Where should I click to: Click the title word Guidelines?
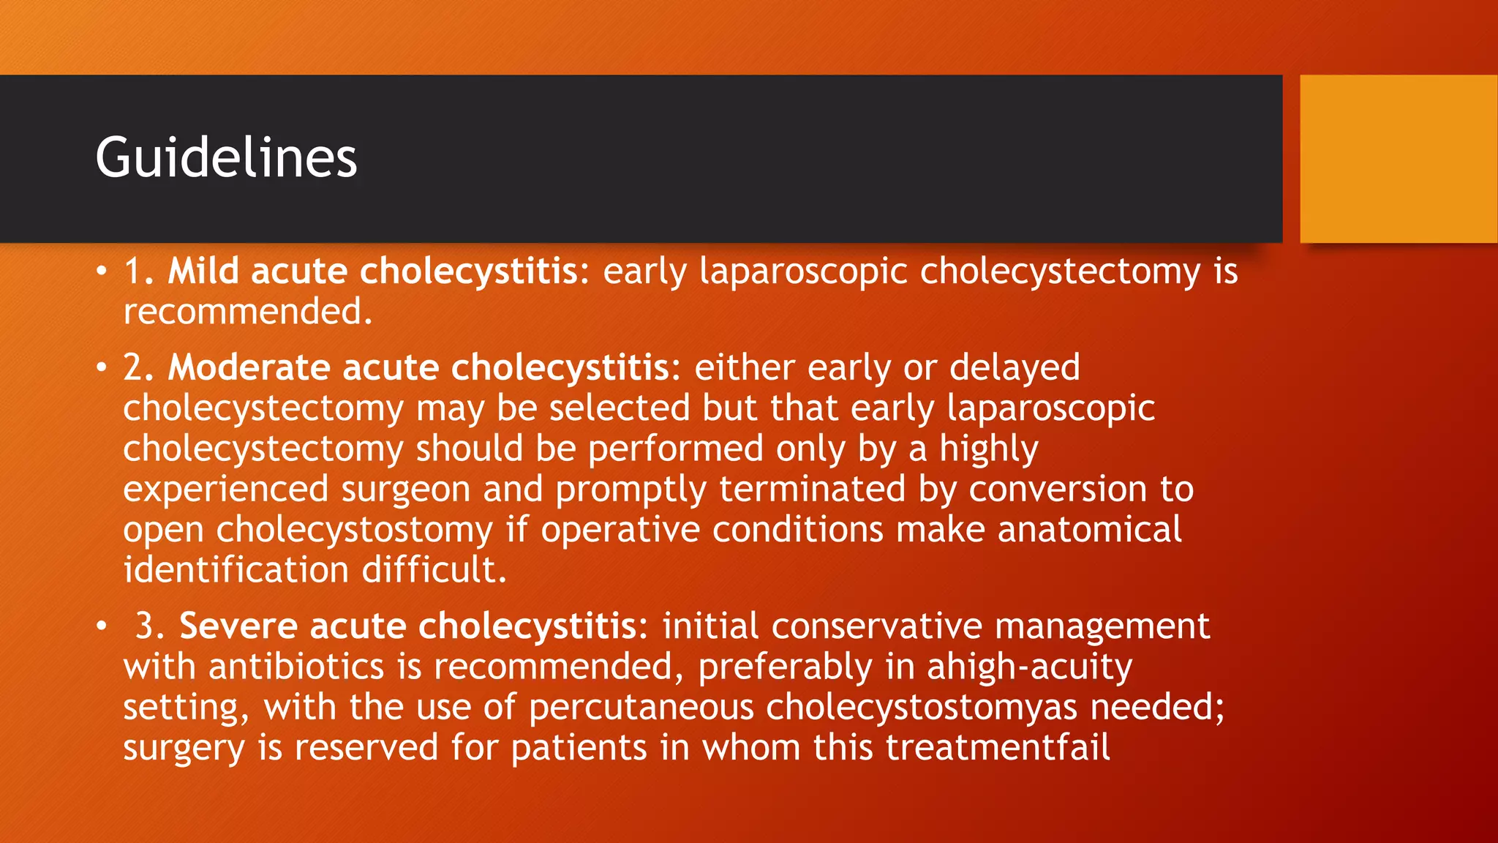point(226,157)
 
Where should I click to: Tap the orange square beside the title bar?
point(1398,159)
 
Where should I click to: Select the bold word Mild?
point(203,271)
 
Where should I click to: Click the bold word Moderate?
point(249,367)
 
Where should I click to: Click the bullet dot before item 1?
point(102,272)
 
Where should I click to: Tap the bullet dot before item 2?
point(102,368)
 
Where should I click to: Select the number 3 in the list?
point(146,626)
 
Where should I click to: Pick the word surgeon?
point(405,489)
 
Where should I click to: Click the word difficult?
point(434,569)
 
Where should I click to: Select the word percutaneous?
point(641,708)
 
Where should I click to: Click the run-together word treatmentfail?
point(998,748)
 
